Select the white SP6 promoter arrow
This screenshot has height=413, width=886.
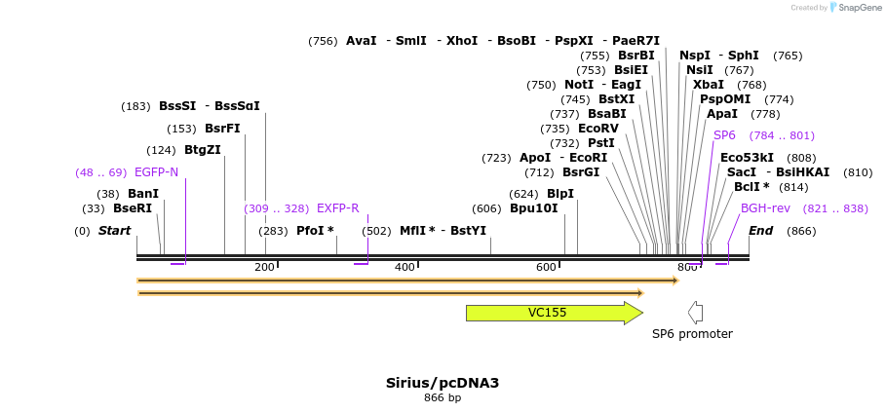pos(695,313)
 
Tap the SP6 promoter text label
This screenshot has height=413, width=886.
pos(692,334)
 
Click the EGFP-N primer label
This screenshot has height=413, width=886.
pos(156,172)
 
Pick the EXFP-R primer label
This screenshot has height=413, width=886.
pos(337,208)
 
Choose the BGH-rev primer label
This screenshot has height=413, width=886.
pos(765,208)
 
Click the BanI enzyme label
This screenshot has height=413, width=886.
pos(143,194)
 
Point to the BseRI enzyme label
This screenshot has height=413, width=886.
pos(133,208)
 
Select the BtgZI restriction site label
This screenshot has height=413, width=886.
pos(203,150)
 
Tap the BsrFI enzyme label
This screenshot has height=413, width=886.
pos(222,129)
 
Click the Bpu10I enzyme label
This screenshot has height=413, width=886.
pos(534,208)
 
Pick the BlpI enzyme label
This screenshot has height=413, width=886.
pos(560,194)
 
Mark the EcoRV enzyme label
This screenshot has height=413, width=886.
pos(598,129)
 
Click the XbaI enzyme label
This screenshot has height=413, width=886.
pos(709,85)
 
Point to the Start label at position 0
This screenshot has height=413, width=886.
pos(114,231)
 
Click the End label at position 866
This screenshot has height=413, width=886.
pos(760,231)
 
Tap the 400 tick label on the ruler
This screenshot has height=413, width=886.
pos(404,267)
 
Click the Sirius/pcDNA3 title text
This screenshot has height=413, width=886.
pos(443,383)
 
